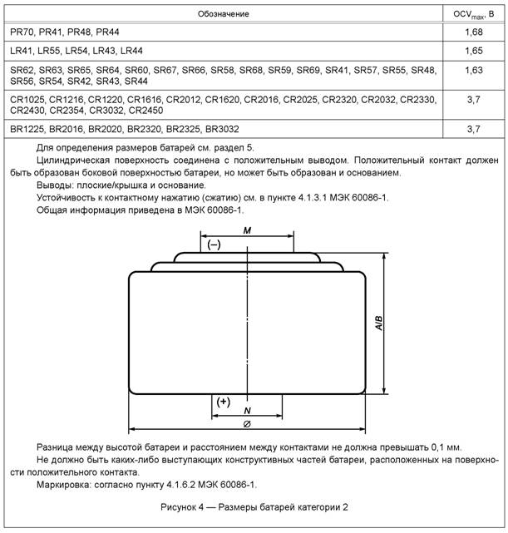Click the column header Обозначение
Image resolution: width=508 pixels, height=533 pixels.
[x=223, y=14]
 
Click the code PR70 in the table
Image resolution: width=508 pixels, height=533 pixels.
[x=22, y=32]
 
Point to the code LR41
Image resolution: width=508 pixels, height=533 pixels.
[x=22, y=52]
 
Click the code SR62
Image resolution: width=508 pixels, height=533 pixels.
[x=23, y=71]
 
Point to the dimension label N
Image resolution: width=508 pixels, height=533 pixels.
[x=247, y=411]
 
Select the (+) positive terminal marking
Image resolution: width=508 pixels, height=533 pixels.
[x=223, y=402]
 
